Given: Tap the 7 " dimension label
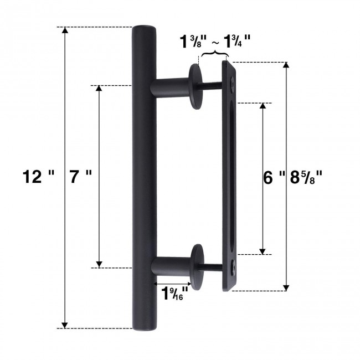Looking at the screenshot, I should coord(81,177).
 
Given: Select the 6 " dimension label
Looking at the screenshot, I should coord(273,177).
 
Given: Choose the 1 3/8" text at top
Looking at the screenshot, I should coord(193,42).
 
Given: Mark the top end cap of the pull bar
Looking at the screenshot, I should coord(143,29).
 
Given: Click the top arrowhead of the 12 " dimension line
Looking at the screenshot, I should coord(65,31).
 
